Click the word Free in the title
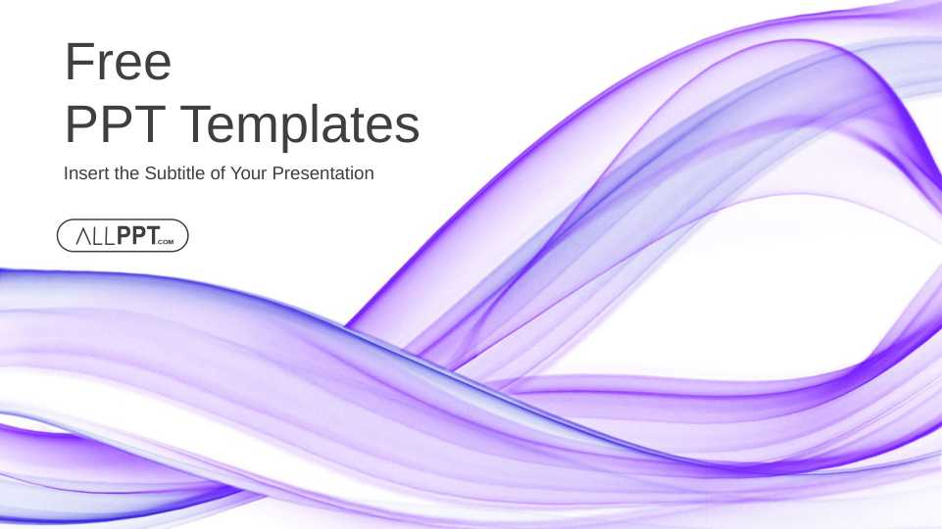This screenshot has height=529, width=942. point(118,62)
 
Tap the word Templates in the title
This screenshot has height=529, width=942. point(300,127)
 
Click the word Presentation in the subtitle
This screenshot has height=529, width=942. point(323,173)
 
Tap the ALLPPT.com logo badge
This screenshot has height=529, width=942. point(123,235)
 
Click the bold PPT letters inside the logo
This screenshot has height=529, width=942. point(138,235)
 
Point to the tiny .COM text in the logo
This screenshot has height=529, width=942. point(166,242)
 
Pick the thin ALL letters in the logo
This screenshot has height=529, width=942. point(95,236)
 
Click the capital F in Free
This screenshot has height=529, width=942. point(76,62)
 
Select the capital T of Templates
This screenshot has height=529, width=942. point(196,123)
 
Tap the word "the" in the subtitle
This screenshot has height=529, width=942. point(126,173)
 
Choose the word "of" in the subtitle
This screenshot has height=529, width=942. point(218,173)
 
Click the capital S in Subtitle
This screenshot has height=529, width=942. point(150,173)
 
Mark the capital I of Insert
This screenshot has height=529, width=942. point(66,173)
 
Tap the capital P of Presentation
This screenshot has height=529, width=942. point(277,173)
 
